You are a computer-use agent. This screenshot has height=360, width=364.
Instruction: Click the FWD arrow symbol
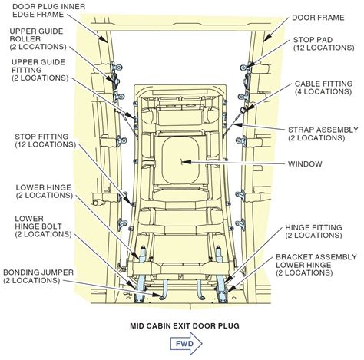pyautogui.click(x=187, y=343)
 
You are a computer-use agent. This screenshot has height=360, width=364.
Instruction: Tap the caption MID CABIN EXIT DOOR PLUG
pyautogui.click(x=184, y=326)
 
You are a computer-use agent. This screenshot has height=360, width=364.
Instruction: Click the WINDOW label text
pyautogui.click(x=305, y=164)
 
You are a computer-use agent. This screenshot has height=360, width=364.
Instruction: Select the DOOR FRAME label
pyautogui.click(x=318, y=18)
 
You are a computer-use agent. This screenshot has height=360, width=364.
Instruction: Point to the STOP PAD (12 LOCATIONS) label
pyautogui.click(x=324, y=44)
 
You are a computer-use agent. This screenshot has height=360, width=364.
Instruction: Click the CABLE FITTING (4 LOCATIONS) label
pyautogui.click(x=323, y=88)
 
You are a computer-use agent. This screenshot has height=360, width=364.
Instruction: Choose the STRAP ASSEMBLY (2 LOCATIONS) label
pyautogui.click(x=323, y=134)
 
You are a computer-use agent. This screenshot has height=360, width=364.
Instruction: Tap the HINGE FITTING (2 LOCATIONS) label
pyautogui.click(x=313, y=232)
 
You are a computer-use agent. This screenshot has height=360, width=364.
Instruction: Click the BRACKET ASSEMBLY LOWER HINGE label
pyautogui.click(x=316, y=265)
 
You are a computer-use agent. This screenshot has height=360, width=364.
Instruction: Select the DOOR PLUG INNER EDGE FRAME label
pyautogui.click(x=49, y=10)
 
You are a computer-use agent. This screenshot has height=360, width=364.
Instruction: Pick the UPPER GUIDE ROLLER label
pyautogui.click(x=38, y=39)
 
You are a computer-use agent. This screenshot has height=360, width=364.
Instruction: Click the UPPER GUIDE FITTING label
pyautogui.click(x=40, y=70)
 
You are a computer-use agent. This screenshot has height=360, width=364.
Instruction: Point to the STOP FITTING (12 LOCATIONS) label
pyautogui.click(x=45, y=140)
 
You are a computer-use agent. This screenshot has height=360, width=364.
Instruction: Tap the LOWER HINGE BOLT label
pyautogui.click(x=43, y=226)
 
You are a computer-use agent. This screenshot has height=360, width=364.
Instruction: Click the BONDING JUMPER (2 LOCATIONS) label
pyautogui.click(x=38, y=276)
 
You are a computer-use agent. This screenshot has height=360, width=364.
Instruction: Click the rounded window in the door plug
pyautogui.click(x=180, y=160)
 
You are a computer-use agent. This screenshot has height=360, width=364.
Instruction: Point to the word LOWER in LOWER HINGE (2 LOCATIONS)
pyautogui.click(x=28, y=187)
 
